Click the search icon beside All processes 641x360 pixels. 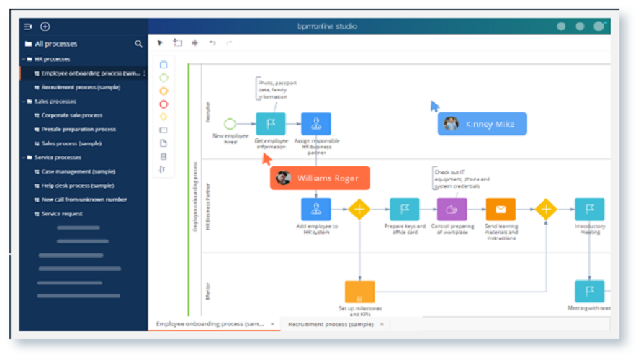click(x=138, y=44)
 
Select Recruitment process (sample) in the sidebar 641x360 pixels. click(x=81, y=87)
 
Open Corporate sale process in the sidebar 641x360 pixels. click(x=71, y=115)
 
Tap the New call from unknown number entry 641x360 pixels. click(x=84, y=199)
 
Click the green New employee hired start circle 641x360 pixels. click(x=230, y=124)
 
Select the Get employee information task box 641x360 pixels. click(x=271, y=124)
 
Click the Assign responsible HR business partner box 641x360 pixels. click(x=316, y=124)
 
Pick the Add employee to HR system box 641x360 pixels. click(x=316, y=210)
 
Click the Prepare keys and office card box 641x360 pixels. click(x=405, y=210)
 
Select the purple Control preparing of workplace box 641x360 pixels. click(x=452, y=210)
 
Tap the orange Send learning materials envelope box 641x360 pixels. click(x=501, y=210)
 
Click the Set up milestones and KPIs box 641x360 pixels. click(x=359, y=292)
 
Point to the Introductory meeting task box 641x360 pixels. click(x=589, y=210)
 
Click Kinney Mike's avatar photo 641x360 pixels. click(x=452, y=124)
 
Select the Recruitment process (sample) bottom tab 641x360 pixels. click(x=331, y=325)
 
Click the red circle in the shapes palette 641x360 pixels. click(x=163, y=104)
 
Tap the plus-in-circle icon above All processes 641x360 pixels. click(x=45, y=27)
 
